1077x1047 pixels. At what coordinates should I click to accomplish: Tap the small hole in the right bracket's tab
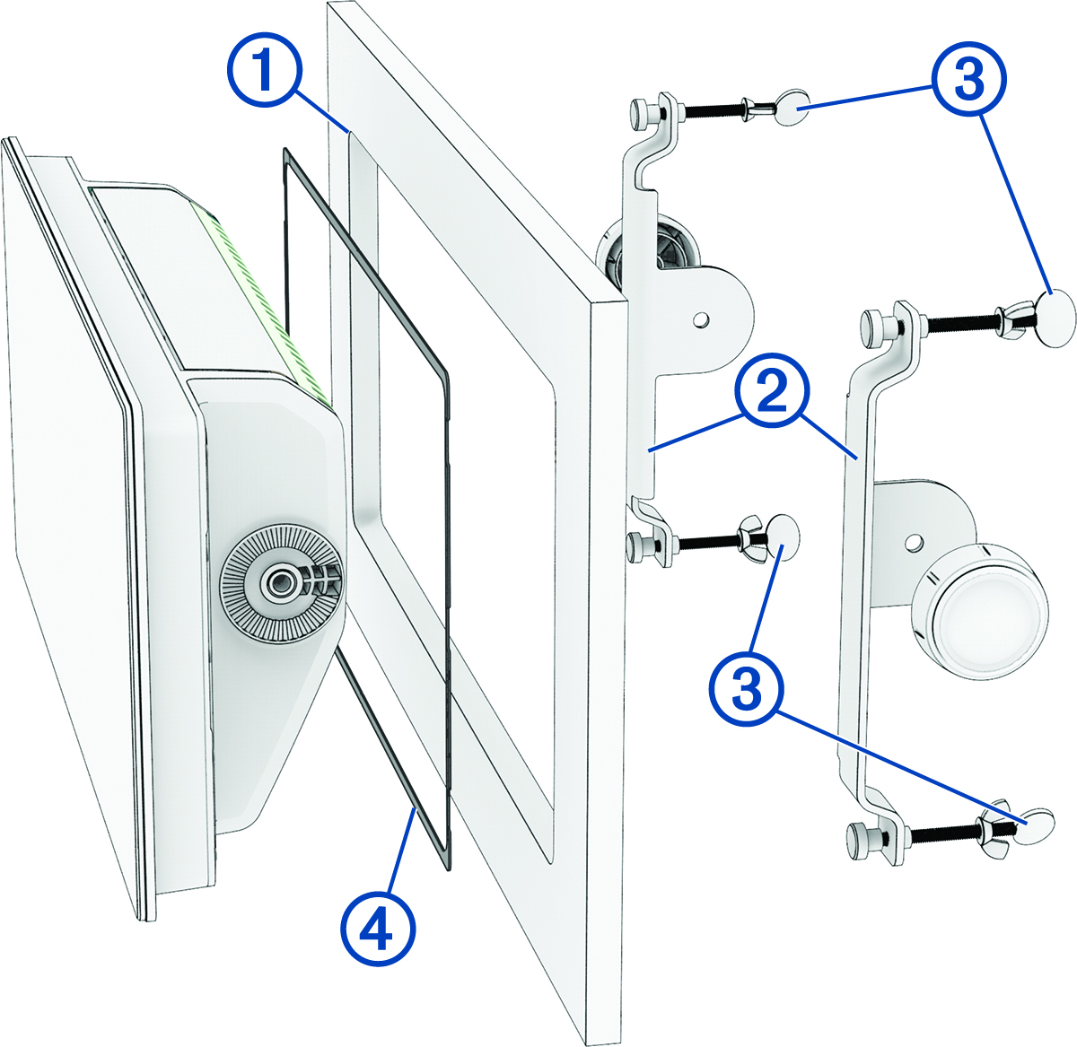pyautogui.click(x=914, y=544)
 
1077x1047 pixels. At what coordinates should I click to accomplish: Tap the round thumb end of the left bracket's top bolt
pyautogui.click(x=792, y=109)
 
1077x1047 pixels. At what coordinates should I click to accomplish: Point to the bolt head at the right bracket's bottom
pyautogui.click(x=861, y=837)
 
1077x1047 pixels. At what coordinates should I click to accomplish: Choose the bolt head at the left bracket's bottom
pyautogui.click(x=639, y=544)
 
